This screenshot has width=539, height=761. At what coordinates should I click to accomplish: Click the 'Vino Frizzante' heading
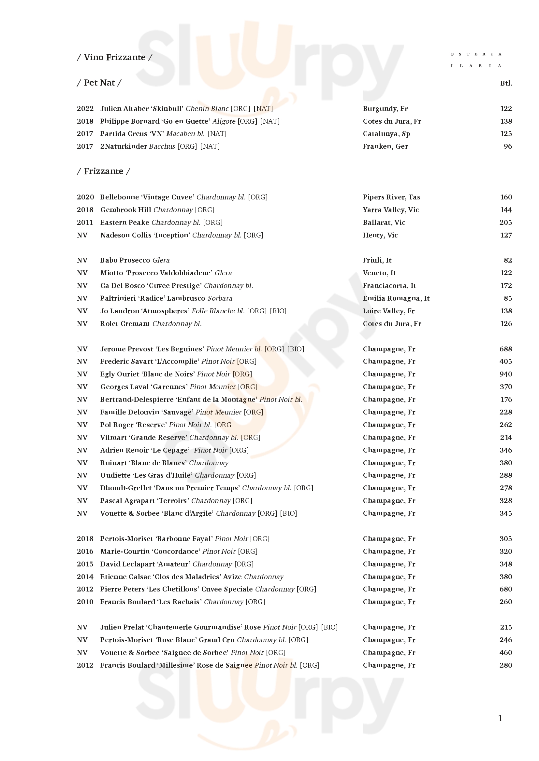114,57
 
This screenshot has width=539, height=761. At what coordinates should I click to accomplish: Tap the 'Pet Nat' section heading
99,83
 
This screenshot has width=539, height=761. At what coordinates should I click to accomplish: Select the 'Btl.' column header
506,83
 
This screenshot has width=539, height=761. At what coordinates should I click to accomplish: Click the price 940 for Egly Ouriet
505,374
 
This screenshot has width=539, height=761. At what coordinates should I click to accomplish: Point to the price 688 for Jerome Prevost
505,349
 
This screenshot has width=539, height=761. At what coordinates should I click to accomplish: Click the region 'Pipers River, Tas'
391,197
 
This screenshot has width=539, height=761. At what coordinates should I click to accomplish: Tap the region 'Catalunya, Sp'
386,134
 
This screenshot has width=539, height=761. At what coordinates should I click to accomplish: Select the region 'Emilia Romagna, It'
396,298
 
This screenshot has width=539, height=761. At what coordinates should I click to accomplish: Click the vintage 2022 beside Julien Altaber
85,109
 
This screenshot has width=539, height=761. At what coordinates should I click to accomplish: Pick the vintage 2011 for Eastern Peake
85,223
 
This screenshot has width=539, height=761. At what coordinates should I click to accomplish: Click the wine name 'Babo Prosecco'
125,261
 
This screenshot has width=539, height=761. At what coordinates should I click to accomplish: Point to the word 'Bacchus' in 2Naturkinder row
162,146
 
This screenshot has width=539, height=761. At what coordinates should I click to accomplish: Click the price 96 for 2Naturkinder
508,146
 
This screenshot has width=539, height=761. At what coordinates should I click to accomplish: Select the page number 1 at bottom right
500,719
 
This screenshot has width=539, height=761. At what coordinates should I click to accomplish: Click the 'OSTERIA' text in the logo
475,54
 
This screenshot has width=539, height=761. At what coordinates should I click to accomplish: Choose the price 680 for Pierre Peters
505,589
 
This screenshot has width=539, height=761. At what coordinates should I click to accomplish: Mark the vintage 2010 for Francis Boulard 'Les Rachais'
85,602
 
